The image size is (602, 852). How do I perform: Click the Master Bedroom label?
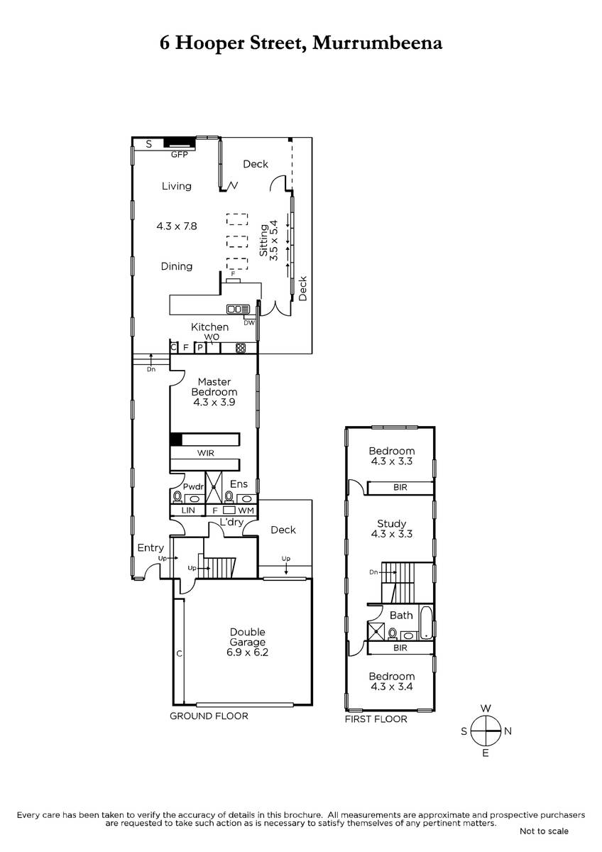[x=214, y=387]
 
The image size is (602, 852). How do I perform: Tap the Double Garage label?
[x=248, y=637]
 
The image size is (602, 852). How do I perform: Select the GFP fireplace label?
[x=179, y=155]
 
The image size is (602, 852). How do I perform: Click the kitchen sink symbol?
[x=238, y=310]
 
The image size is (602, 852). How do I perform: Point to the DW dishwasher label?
[x=249, y=323]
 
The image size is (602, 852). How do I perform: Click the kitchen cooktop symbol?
[x=241, y=348]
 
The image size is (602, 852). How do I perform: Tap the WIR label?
[x=206, y=453]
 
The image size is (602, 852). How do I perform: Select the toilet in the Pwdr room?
[x=177, y=497]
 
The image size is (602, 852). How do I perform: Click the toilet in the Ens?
[x=229, y=497]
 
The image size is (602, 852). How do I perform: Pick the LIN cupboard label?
[x=188, y=510]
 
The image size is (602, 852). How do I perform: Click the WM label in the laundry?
[x=246, y=510]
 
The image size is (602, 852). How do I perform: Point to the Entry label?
[x=150, y=548]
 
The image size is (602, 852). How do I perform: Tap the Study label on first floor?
[x=392, y=523]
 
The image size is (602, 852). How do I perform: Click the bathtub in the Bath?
[x=426, y=623]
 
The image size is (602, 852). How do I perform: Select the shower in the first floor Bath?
[x=376, y=631]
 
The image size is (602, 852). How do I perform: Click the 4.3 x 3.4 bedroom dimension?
[x=392, y=687]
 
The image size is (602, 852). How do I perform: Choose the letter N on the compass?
[x=508, y=731]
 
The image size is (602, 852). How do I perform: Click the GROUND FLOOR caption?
[x=209, y=716]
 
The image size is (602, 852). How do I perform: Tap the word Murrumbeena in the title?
[x=377, y=43]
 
